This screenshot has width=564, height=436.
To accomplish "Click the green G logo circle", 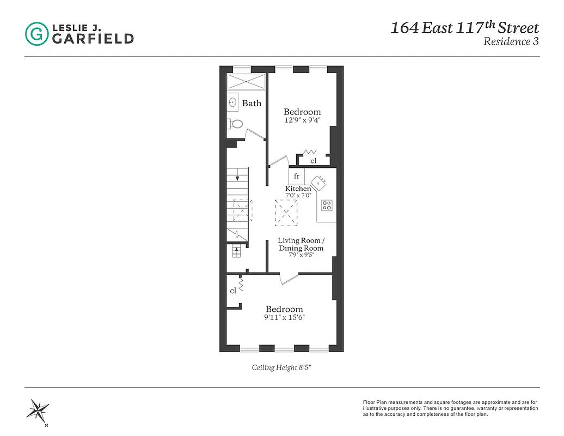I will click(36, 34).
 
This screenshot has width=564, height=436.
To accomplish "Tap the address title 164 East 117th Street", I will click(464, 28).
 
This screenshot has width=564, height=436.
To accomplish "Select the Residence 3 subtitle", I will click(511, 42).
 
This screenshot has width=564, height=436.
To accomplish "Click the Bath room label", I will click(252, 103).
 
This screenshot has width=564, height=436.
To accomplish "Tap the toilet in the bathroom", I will click(235, 124).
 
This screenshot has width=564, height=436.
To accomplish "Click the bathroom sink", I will click(233, 102).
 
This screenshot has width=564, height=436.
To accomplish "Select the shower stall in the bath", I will click(246, 81).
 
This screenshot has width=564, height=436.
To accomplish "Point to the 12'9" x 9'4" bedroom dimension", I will click(302, 120).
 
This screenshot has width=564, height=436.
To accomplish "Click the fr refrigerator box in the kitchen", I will click(297, 176).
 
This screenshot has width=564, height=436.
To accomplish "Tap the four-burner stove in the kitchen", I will click(327, 205).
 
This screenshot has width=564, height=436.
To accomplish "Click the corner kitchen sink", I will click(320, 181).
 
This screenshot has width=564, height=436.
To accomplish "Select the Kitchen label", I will click(298, 189).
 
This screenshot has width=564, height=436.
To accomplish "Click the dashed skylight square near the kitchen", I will click(286, 212).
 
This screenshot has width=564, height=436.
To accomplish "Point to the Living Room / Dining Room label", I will click(301, 244).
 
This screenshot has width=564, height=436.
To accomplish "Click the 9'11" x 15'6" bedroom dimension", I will click(284, 317).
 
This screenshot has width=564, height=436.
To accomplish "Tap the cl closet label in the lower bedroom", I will click(233, 291).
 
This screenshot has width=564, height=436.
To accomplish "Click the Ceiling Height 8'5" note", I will click(281, 367).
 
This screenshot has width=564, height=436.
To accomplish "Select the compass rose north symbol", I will click(40, 409).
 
